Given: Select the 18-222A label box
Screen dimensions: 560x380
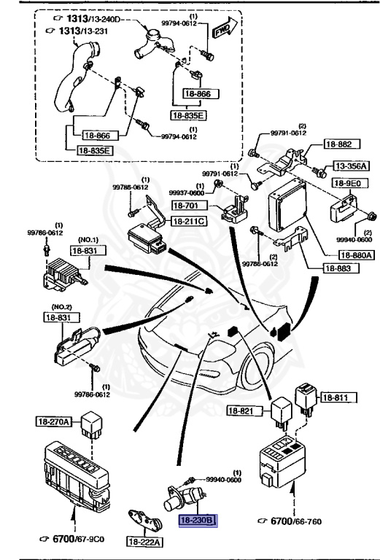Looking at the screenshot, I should pyautogui.click(x=145, y=542).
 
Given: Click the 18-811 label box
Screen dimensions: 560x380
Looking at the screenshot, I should pyautogui.click(x=336, y=398).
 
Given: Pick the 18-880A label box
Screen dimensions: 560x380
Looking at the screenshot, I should pyautogui.click(x=355, y=254).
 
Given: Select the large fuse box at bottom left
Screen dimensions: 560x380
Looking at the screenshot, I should pyautogui.click(x=75, y=474).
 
